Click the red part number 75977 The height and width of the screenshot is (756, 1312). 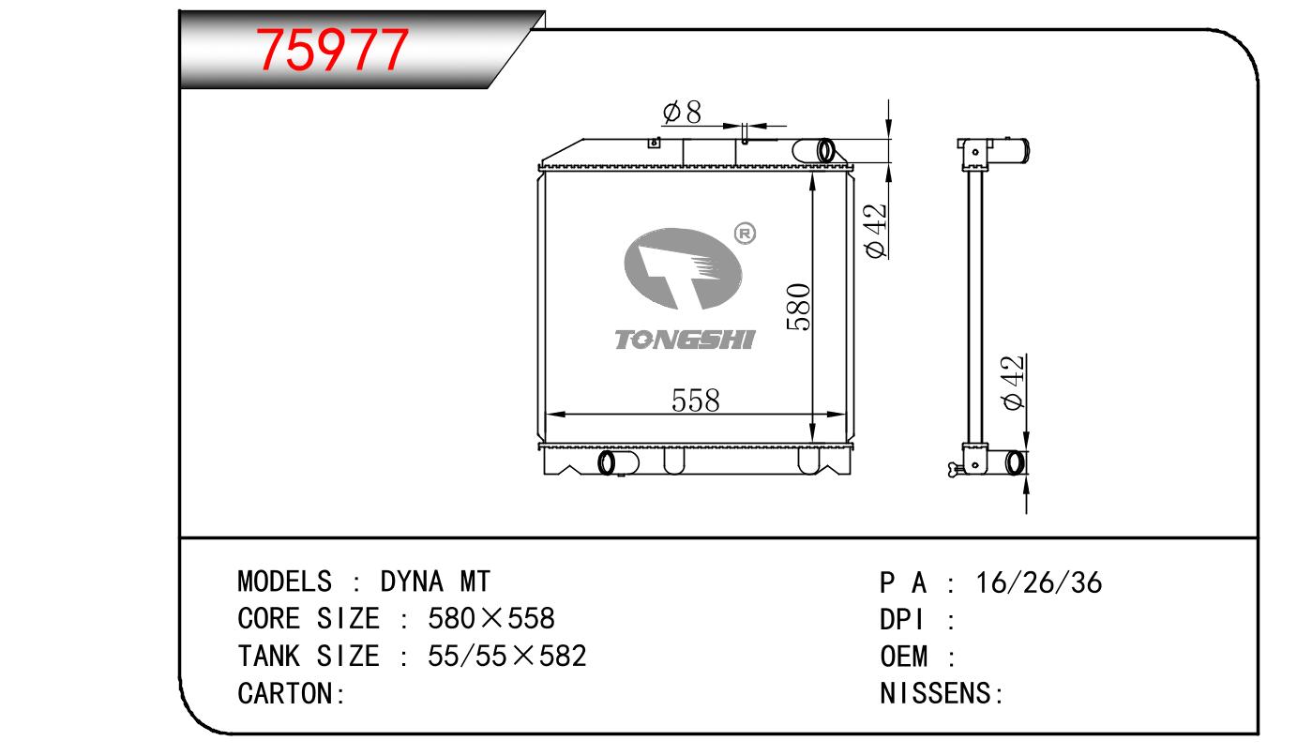click(x=331, y=50)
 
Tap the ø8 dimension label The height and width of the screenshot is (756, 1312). click(x=682, y=112)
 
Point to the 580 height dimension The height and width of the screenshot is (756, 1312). click(x=799, y=307)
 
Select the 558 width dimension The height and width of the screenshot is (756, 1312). click(x=695, y=401)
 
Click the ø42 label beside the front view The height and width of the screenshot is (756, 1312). click(x=876, y=231)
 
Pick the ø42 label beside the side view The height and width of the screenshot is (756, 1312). click(x=1013, y=383)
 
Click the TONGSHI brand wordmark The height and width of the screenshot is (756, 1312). click(x=685, y=340)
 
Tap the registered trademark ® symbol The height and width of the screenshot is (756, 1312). click(x=745, y=234)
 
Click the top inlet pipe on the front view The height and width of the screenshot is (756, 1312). click(x=814, y=150)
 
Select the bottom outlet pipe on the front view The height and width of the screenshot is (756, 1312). click(x=618, y=462)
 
